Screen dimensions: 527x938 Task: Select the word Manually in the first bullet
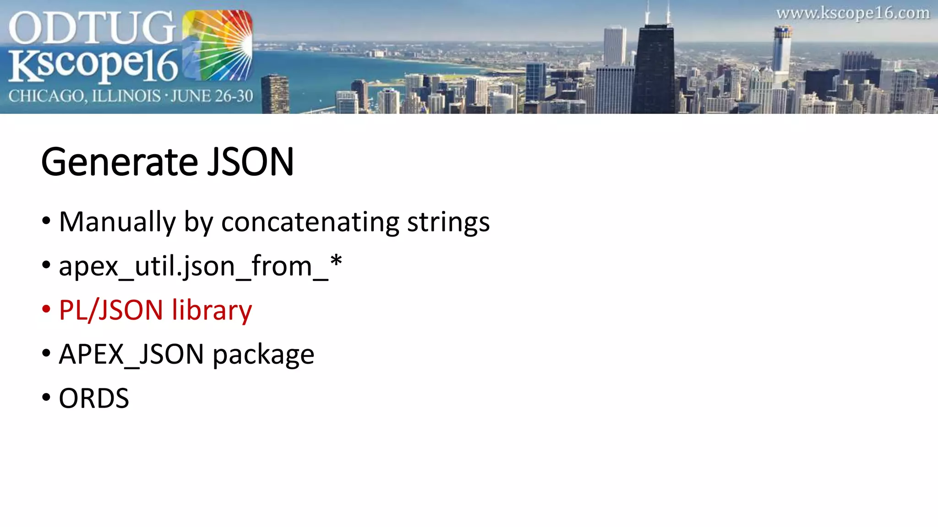coord(117,222)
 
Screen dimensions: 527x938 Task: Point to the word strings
coord(448,222)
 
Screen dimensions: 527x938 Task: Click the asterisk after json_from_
coord(336,262)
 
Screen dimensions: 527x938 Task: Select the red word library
coord(212,310)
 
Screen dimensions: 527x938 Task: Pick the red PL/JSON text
coord(111,310)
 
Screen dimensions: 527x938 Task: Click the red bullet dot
coord(46,309)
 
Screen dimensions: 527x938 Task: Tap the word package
coord(263,355)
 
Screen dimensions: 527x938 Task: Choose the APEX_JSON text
coord(131,355)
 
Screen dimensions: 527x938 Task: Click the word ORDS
coord(94,398)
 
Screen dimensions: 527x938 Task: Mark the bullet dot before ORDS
coord(46,398)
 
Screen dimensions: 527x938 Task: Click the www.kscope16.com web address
coord(853,13)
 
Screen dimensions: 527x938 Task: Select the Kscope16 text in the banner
coord(93,65)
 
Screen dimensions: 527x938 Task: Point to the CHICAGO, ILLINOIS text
coord(85,96)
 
